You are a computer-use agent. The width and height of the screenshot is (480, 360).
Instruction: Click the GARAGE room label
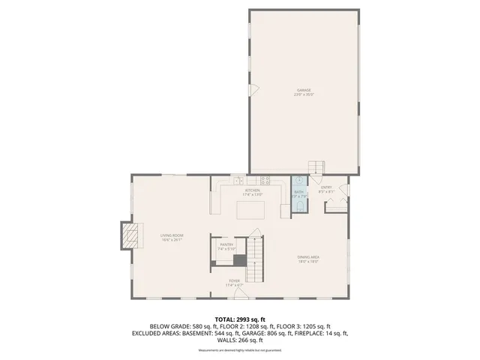click(304, 90)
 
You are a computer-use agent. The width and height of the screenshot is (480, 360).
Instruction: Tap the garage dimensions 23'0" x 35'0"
click(304, 95)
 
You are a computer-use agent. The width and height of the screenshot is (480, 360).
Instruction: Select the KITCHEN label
click(252, 190)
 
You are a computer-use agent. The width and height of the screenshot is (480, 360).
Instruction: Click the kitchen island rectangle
click(252, 209)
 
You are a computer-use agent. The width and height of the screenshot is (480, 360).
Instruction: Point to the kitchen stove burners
click(264, 180)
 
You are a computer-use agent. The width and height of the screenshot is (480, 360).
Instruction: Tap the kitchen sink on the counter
click(238, 180)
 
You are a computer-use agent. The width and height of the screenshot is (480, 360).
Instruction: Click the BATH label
click(298, 192)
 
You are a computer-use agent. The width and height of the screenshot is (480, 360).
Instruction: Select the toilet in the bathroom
click(298, 181)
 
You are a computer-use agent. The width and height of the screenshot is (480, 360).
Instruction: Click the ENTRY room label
click(326, 187)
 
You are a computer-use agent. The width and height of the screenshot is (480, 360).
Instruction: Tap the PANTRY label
click(226, 244)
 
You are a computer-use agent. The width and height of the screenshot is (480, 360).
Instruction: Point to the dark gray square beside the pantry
click(239, 260)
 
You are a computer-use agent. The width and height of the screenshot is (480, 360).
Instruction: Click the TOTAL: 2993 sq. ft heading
click(240, 319)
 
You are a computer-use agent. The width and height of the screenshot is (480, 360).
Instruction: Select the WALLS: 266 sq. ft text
click(240, 340)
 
